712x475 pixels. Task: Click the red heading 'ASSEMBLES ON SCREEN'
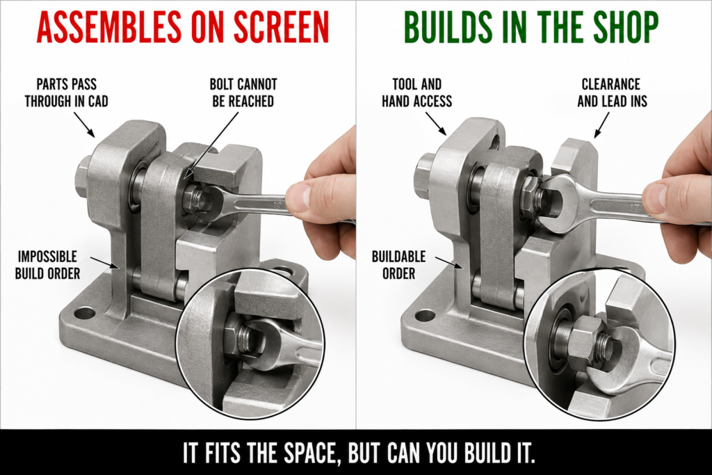[x=183, y=27]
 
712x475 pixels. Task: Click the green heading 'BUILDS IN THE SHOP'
[x=531, y=27]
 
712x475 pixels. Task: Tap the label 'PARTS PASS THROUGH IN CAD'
[x=66, y=92]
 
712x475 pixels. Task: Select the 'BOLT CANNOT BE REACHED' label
[x=243, y=92]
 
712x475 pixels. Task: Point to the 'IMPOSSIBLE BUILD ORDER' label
[x=47, y=265]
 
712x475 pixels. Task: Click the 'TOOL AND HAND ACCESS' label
[x=417, y=92]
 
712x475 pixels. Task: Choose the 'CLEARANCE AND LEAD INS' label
[x=612, y=92]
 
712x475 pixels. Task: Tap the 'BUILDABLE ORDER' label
[x=398, y=265]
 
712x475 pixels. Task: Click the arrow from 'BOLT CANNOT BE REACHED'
[x=212, y=145]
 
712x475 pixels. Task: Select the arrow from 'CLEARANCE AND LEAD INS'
[x=601, y=125]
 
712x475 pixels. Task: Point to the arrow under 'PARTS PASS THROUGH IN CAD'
[x=84, y=124]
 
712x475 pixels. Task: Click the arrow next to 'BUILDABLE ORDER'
[x=449, y=263]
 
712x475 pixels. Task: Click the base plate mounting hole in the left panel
[x=83, y=313]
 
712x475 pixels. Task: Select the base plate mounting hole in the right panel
[x=425, y=315]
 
